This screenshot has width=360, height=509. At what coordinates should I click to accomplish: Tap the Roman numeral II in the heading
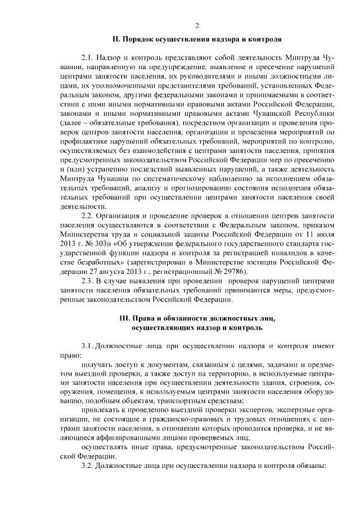116,39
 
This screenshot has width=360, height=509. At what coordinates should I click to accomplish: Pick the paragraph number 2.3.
88,280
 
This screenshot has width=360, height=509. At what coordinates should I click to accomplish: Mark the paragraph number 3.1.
88,346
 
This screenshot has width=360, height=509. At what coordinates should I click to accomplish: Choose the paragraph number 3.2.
88,466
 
